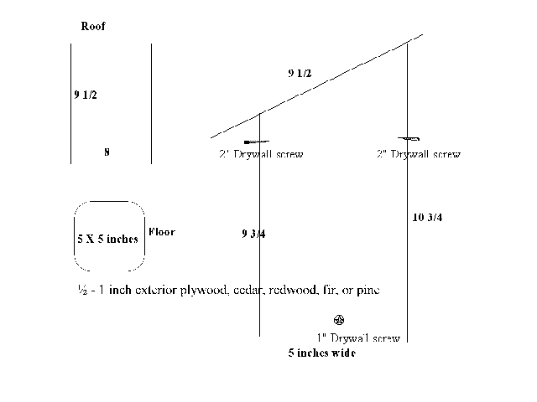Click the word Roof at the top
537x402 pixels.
[x=93, y=26]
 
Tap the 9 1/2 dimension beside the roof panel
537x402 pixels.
[x=86, y=95]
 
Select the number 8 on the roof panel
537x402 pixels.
[x=107, y=152]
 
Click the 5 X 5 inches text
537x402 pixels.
[x=108, y=239]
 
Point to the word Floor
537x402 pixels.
[x=162, y=232]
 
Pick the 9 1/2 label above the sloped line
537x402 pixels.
[x=300, y=73]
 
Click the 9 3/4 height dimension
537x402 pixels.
[x=253, y=234]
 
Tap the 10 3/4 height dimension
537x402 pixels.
[x=427, y=218]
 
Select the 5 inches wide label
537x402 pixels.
[x=322, y=353]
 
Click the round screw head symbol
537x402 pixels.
[x=339, y=320]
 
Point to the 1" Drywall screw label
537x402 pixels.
[x=358, y=338]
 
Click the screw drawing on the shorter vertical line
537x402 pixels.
[x=257, y=142]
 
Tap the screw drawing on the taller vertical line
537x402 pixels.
[x=409, y=138]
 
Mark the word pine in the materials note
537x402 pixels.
[x=368, y=291]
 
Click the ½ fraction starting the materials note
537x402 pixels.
[x=82, y=290]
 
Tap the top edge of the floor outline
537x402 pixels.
[x=109, y=202]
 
